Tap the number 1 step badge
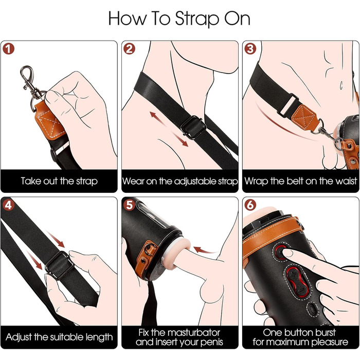click(9, 49)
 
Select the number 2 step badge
click(129, 49)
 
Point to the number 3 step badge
click(250, 49)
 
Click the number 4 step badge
click(9, 205)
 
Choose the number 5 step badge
click(129, 205)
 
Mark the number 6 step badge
click(250, 205)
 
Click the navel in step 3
click(341, 85)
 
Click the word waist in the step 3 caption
click(346, 181)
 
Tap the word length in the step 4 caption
click(99, 337)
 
